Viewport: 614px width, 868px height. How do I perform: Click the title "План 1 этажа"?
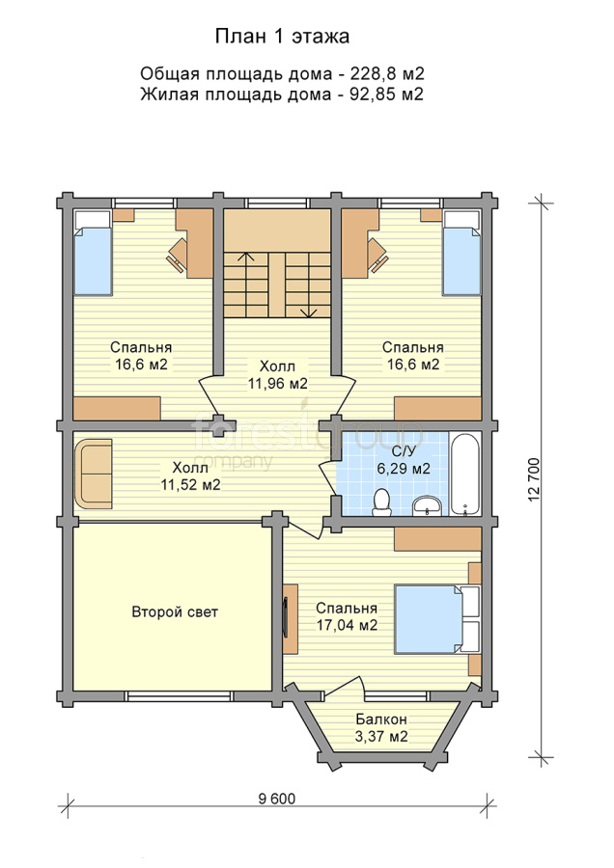(x=282, y=37)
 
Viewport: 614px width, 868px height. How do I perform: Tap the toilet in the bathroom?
(x=381, y=502)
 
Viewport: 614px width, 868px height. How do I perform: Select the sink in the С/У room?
(x=427, y=505)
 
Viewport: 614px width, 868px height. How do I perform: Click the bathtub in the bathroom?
(x=465, y=474)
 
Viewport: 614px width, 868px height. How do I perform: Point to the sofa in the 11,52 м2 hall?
(x=93, y=474)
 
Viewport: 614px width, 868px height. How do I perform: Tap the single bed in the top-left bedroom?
(x=93, y=253)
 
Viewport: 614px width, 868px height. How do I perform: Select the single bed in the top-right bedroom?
(x=461, y=253)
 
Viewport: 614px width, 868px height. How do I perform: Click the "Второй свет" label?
(x=175, y=612)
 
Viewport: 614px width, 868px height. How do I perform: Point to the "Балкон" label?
(x=381, y=719)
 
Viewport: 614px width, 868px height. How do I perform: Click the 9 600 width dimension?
(x=277, y=799)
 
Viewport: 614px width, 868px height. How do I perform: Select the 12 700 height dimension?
(x=534, y=479)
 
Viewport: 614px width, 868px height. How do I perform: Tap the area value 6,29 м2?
(x=404, y=469)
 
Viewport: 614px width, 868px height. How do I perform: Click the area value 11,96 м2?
(x=278, y=384)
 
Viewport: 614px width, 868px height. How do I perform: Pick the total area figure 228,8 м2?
(x=387, y=73)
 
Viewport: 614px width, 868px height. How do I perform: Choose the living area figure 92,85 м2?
(x=387, y=95)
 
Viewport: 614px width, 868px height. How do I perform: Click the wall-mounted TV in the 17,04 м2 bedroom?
(x=286, y=619)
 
